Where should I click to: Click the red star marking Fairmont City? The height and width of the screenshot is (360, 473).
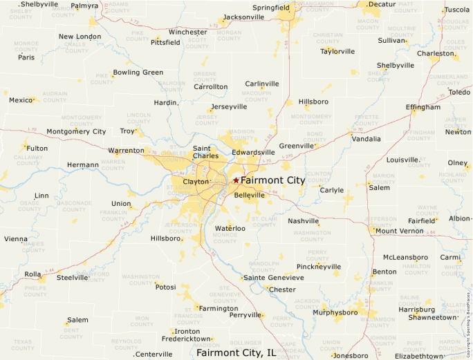[x=236, y=180]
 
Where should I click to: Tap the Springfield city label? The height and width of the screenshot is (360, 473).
[x=271, y=8]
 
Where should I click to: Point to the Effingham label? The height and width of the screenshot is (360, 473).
[x=423, y=107]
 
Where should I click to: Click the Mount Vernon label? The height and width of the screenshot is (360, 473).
[x=400, y=231]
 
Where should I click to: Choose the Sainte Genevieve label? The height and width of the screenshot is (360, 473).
[x=273, y=278]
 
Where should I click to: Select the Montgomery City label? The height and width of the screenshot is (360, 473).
[x=76, y=131]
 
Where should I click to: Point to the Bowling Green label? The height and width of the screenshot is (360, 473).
[x=138, y=73]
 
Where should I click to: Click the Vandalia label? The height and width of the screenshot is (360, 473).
[x=366, y=139]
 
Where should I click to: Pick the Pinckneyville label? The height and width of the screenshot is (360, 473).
[x=318, y=267]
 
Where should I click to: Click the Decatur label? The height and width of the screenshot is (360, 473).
[x=382, y=4]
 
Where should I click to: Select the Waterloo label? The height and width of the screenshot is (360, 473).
[x=230, y=228]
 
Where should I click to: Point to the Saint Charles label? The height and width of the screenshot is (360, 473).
[x=206, y=152]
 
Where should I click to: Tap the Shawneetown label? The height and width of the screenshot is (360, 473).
[x=432, y=317]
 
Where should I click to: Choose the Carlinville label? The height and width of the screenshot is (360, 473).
[x=262, y=84]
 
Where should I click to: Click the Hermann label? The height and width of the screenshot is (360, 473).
[x=83, y=164]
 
